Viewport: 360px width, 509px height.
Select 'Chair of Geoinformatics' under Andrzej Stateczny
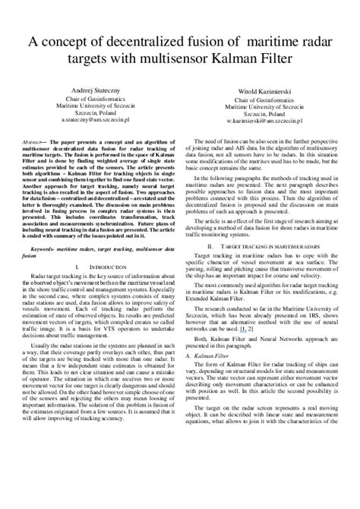click(93, 100)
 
